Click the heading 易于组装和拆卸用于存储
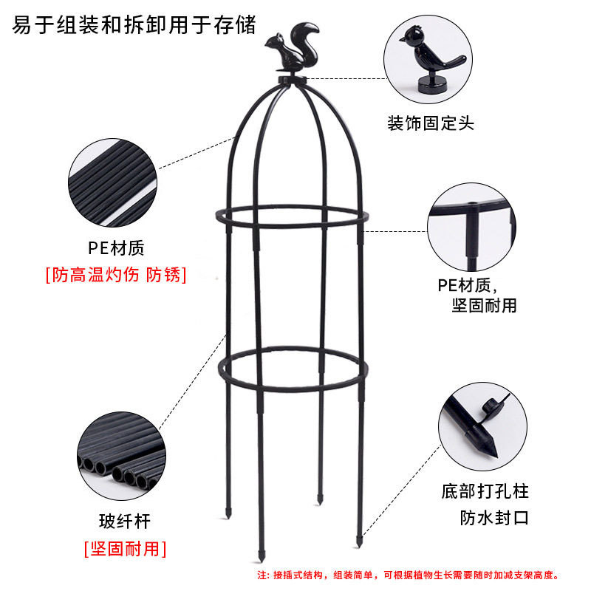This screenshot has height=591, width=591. click(134, 25)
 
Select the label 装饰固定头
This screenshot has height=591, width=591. click(431, 123)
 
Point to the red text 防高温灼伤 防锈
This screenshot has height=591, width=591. click(116, 274)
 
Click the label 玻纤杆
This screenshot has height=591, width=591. click(125, 522)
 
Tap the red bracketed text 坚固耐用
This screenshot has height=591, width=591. click(125, 548)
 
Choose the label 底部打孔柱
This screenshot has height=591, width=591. click(485, 491)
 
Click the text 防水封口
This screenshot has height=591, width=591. click(494, 518)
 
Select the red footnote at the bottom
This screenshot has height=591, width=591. click(409, 575)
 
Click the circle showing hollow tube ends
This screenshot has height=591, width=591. click(121, 456)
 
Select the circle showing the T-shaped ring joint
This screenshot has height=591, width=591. click(471, 227)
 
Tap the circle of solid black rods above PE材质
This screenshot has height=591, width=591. click(113, 182)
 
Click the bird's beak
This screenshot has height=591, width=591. click(402, 39)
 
